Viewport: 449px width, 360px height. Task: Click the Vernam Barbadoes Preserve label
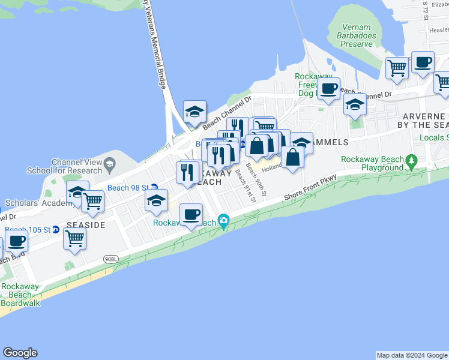click(359, 35)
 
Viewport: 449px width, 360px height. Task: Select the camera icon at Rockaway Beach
click(224, 221)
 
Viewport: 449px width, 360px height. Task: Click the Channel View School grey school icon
click(109, 163)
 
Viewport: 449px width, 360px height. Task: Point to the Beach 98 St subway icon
click(154, 188)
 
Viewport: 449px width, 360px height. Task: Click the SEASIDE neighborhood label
click(86, 224)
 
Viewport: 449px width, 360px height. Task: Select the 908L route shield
click(110, 259)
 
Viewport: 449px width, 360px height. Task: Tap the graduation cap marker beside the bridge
click(194, 112)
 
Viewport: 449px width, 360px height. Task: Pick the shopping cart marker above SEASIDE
click(92, 202)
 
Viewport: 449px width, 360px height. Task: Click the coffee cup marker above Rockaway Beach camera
click(191, 215)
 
